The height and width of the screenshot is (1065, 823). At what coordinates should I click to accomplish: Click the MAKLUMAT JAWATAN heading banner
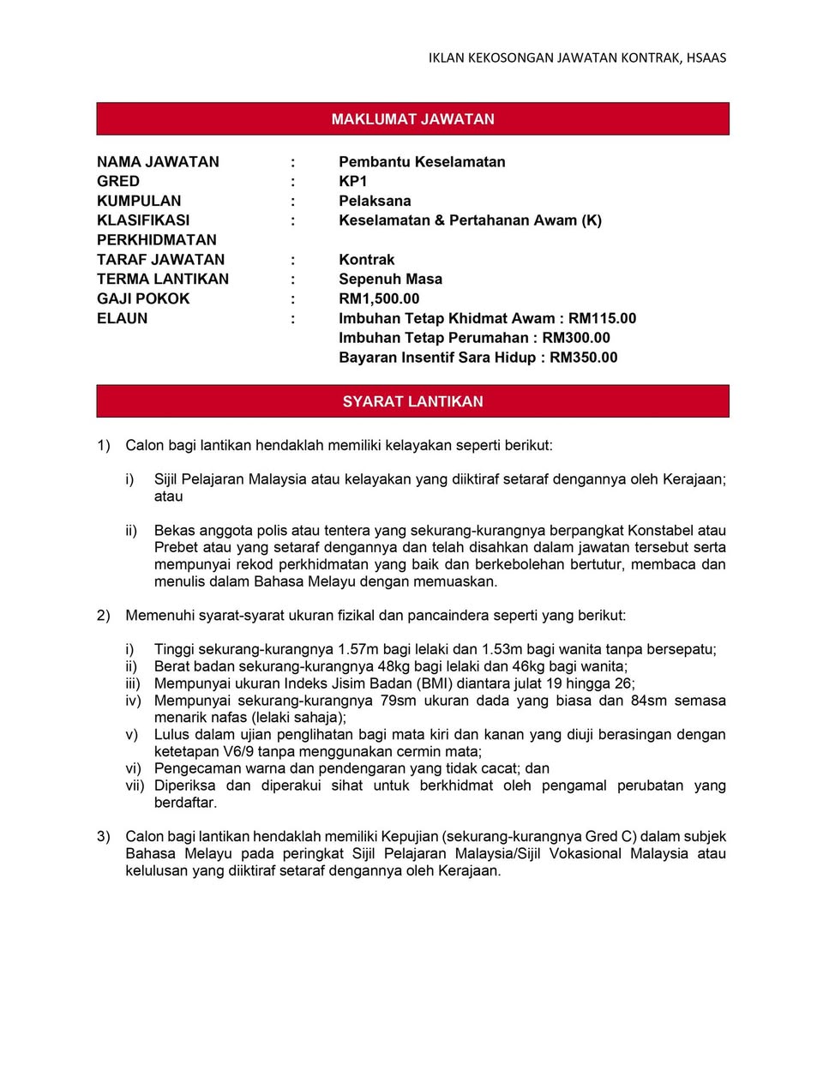pos(412,119)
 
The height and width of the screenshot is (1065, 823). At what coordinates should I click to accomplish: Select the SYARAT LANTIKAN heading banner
pos(412,401)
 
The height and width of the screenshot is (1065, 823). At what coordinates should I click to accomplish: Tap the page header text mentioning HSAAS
pos(577,58)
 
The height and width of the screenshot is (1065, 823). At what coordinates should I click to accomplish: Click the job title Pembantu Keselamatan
pos(422,162)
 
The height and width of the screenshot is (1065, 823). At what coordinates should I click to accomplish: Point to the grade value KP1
pos(352,182)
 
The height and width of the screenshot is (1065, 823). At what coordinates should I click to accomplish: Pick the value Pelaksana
pos(375,202)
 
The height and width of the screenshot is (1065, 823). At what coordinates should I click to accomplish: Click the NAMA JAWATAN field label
pos(158,162)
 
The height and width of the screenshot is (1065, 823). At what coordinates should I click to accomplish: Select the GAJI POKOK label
pos(143,299)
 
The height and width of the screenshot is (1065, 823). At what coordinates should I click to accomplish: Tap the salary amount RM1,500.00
pos(379,299)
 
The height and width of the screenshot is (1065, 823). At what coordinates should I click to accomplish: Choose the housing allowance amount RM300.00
pos(576,339)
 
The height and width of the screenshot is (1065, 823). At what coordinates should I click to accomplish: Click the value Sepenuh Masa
pos(390,280)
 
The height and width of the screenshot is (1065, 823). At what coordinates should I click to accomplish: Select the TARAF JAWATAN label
pos(160,260)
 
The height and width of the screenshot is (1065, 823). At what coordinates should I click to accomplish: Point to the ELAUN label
pos(122,319)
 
